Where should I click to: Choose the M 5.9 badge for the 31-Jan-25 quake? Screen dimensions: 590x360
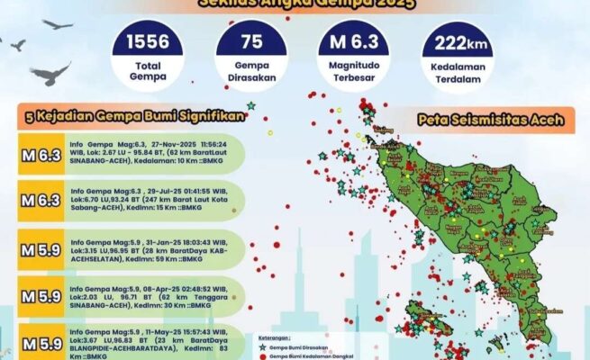(41, 247)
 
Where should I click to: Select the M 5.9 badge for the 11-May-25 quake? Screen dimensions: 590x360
(41, 342)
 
